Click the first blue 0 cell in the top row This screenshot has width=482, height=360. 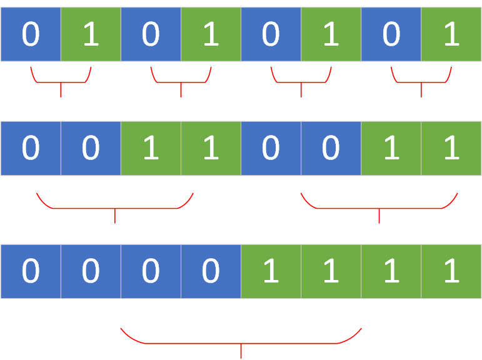coord(31,34)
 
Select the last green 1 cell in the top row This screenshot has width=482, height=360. coord(451,34)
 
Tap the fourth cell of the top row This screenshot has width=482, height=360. coord(211,34)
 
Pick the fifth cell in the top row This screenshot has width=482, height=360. coord(271,34)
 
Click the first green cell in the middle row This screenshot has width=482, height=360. coord(151,148)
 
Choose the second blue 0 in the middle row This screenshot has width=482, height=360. coord(91,148)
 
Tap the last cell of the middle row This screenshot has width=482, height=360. coord(451,148)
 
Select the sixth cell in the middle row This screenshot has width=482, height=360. coord(331,148)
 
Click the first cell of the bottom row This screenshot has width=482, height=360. coord(31,271)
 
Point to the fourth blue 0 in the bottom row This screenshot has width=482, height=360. coord(211,271)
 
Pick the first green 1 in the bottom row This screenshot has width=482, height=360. coord(271,271)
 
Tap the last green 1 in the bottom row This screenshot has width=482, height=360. coord(451,271)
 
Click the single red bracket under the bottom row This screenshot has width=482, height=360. coord(241,343)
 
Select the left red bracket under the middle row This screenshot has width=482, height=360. coord(115,208)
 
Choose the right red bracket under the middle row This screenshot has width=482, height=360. coord(379,208)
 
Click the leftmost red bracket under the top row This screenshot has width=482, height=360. coord(61,82)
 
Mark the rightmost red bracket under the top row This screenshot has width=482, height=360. coord(421,82)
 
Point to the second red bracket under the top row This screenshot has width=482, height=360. coord(181,82)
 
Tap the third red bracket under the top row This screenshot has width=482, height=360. coord(301,82)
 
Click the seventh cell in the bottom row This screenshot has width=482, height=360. coord(391,271)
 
